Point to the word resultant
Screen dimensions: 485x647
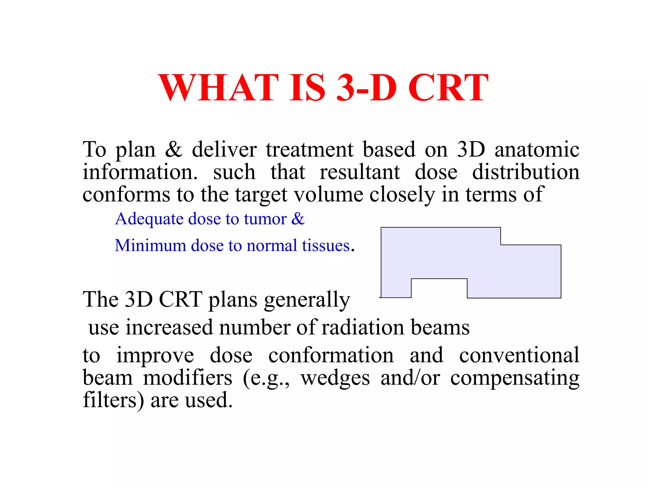[x=360, y=172]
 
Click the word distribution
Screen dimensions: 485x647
[x=526, y=172]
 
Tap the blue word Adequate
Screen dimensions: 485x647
[x=149, y=219]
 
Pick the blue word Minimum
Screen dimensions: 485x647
[x=150, y=245]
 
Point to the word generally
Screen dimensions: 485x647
[x=307, y=300]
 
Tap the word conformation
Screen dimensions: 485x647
[x=331, y=355]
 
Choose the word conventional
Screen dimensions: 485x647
[x=519, y=355]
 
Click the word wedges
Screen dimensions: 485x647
[x=335, y=378]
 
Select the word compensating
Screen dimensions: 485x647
[x=515, y=378]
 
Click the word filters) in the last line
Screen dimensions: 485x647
[x=113, y=400]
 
